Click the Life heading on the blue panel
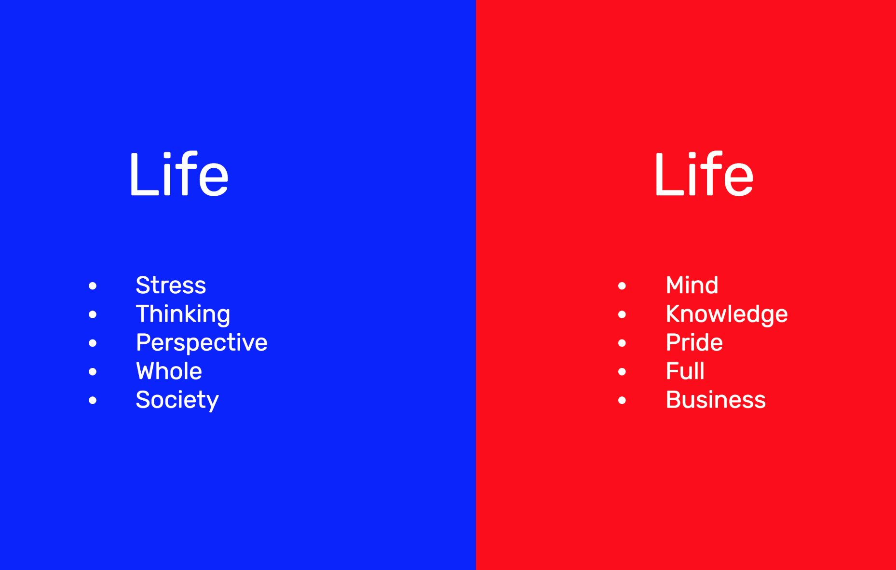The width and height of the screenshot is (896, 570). (x=179, y=174)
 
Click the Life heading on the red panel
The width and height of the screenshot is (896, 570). (x=704, y=174)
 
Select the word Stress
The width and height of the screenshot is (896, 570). (x=171, y=285)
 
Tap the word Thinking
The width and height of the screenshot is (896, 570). (x=183, y=314)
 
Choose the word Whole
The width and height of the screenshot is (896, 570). (x=169, y=371)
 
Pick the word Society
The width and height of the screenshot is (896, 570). (x=177, y=400)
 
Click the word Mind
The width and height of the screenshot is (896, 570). (x=692, y=285)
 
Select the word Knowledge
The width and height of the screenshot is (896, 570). (x=727, y=314)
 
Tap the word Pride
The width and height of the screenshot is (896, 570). (x=694, y=342)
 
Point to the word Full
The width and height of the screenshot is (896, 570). (x=685, y=371)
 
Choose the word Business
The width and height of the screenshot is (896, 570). (x=716, y=400)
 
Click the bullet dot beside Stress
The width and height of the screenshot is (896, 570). (x=93, y=286)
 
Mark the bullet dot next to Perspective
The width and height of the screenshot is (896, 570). (x=93, y=343)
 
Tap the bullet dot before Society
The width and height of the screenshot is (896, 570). (x=93, y=400)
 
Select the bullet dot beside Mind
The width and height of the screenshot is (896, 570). (x=622, y=286)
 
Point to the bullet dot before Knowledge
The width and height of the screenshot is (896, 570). (x=622, y=314)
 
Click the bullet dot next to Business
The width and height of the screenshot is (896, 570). (x=622, y=400)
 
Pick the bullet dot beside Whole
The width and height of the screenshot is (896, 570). (x=93, y=371)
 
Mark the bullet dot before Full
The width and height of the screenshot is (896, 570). (x=622, y=371)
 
